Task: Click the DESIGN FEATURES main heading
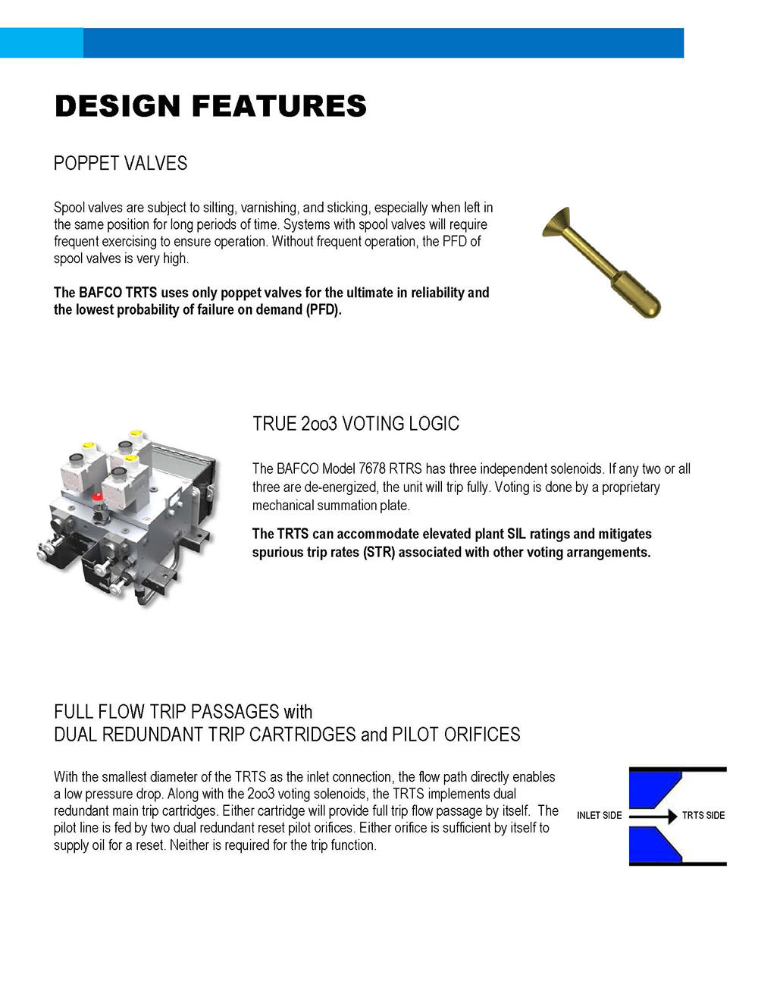(210, 106)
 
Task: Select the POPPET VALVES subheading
(120, 164)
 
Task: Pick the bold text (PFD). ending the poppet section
(324, 310)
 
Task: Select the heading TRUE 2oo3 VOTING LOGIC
(356, 424)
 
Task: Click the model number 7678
(372, 469)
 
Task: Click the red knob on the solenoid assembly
(97, 497)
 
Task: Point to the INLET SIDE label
(599, 816)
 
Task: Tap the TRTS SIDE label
(703, 816)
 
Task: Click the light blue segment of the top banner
(41, 43)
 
